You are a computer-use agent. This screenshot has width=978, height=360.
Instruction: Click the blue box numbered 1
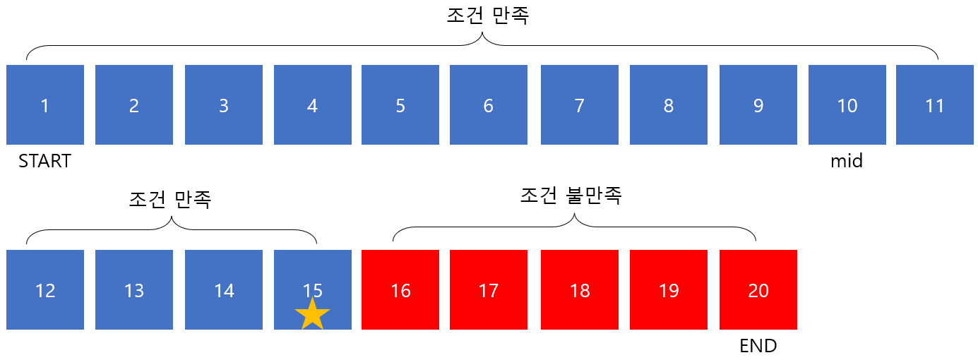tap(45, 104)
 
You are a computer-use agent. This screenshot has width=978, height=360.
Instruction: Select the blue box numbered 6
tap(488, 104)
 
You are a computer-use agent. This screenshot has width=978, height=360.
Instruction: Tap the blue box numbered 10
tap(847, 104)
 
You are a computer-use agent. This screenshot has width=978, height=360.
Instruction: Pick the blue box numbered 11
tap(934, 104)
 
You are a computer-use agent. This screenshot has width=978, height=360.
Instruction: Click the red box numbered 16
tap(400, 289)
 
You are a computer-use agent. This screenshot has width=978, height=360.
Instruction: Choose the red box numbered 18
tap(579, 289)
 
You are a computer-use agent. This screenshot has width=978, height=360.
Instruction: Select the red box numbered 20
tap(758, 289)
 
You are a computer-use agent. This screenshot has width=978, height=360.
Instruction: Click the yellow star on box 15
tap(312, 315)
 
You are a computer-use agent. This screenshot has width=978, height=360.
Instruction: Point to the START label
tap(45, 162)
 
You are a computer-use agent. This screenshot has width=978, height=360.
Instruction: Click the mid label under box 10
tap(847, 162)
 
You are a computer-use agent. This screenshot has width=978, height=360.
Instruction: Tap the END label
tap(758, 346)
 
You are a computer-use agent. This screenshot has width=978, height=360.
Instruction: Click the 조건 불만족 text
tap(571, 196)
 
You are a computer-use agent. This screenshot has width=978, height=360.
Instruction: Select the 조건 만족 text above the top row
tap(488, 16)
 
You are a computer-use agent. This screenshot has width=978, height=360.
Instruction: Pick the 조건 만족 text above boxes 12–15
tap(170, 199)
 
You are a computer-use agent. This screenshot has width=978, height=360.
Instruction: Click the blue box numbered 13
tap(134, 289)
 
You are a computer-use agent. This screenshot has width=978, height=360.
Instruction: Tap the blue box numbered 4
tap(312, 104)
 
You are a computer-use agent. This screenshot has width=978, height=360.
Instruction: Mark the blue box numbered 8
tap(668, 104)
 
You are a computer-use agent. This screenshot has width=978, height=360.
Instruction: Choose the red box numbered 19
tap(668, 289)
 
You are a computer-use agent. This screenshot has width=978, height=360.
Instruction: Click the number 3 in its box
tap(224, 106)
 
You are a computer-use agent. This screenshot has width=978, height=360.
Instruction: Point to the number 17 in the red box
tap(488, 290)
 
